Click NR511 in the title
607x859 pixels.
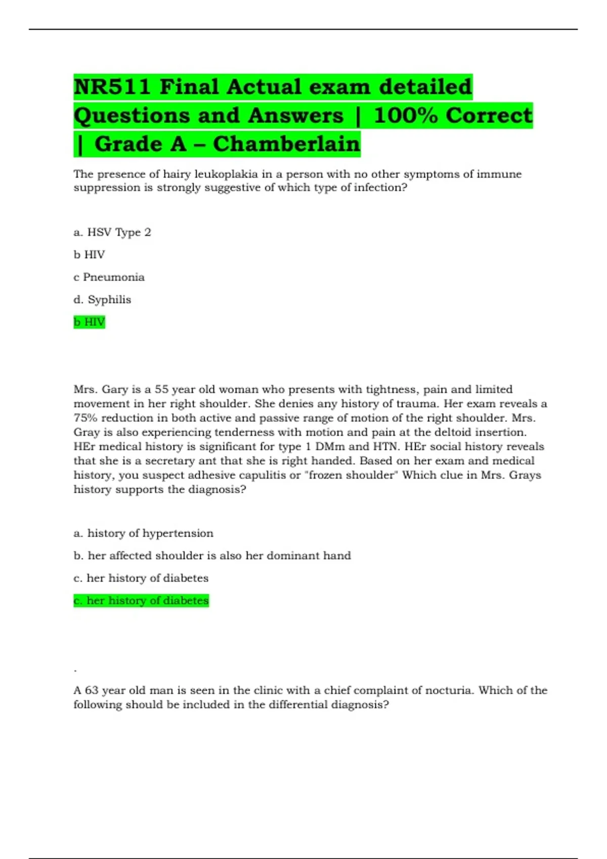tap(112, 87)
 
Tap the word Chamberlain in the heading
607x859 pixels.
tap(286, 144)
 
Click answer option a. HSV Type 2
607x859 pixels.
tap(112, 232)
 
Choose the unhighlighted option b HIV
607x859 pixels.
tap(89, 255)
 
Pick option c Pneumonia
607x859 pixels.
tap(109, 277)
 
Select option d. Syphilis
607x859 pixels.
tap(102, 300)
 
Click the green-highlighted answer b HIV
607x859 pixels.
tap(89, 322)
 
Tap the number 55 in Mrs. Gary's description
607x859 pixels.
tap(161, 390)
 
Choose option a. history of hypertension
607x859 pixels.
tap(143, 534)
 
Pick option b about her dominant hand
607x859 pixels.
tap(212, 556)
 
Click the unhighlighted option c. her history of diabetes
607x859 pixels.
tap(141, 578)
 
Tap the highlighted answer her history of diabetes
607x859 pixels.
tap(141, 601)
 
